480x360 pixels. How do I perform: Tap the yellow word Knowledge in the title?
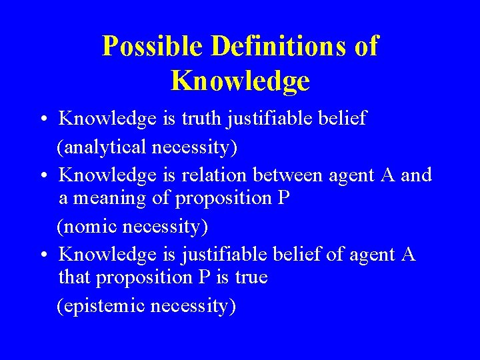240,81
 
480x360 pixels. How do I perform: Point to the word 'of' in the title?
366,47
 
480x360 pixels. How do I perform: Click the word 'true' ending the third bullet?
251,277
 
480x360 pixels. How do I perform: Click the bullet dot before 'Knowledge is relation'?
42,177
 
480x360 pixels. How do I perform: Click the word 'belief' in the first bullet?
343,119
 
